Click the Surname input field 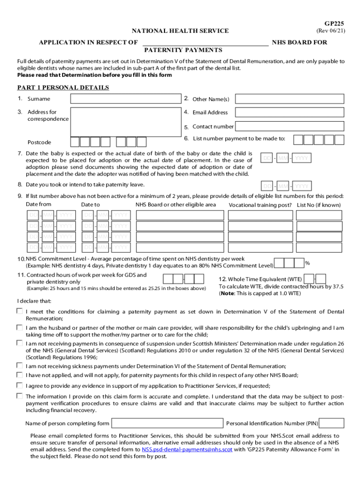[x=125, y=99]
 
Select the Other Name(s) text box [x=289, y=99]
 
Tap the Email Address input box [x=289, y=112]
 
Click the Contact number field [x=289, y=126]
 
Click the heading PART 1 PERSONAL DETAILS [x=63, y=87]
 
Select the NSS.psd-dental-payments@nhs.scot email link [x=187, y=450]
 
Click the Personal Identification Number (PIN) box [x=332, y=423]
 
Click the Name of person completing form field [x=167, y=423]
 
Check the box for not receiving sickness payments [x=20, y=365]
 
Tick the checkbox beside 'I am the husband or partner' [x=20, y=327]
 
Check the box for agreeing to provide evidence [x=20, y=385]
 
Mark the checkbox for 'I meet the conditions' [x=20, y=311]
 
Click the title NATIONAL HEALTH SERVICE [x=180, y=31]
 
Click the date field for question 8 [x=286, y=186]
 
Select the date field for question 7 [x=286, y=158]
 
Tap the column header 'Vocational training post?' [x=260, y=205]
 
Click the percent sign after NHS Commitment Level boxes [x=307, y=262]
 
